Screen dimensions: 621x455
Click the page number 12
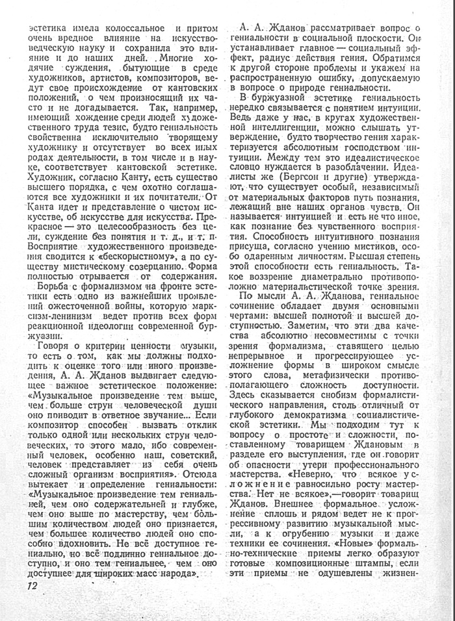(33, 586)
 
